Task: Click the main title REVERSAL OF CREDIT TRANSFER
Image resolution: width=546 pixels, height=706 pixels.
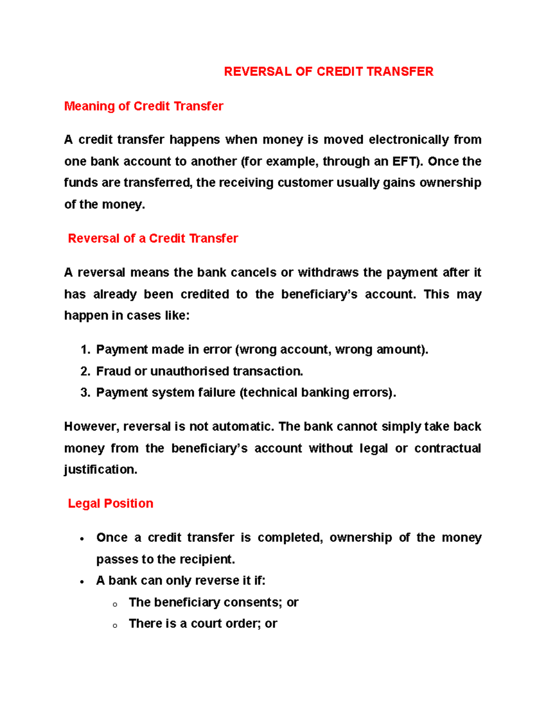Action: [329, 72]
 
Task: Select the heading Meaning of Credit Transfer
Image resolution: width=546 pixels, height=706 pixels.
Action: [143, 106]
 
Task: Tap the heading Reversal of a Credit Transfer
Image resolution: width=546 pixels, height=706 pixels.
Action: [153, 239]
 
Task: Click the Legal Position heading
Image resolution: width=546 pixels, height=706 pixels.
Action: [111, 504]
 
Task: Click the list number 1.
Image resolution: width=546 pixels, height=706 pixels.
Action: [85, 350]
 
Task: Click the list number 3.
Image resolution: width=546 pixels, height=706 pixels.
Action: [85, 393]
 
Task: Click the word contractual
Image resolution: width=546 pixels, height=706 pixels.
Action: [447, 449]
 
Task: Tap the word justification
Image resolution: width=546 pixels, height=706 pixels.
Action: [100, 470]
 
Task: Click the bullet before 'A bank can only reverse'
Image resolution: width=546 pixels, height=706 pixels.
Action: [82, 582]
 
